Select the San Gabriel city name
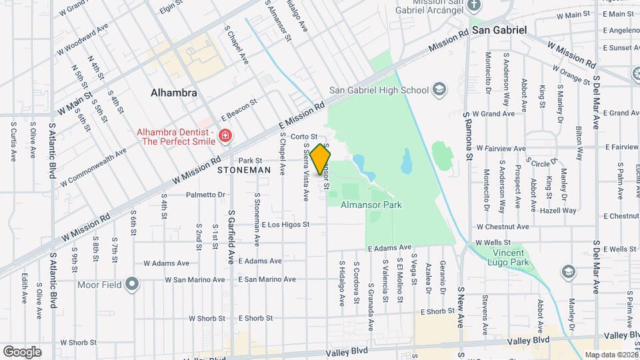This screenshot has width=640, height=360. click(x=499, y=30)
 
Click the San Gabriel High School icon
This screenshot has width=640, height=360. click(x=439, y=89)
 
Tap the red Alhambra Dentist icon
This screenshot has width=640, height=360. click(x=225, y=136)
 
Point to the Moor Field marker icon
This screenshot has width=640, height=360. click(x=132, y=285)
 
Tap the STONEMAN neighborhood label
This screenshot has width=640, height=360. click(x=244, y=170)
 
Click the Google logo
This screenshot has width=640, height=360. click(x=22, y=351)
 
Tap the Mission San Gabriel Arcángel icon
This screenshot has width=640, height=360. click(x=474, y=5)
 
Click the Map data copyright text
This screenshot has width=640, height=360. click(x=611, y=355)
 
